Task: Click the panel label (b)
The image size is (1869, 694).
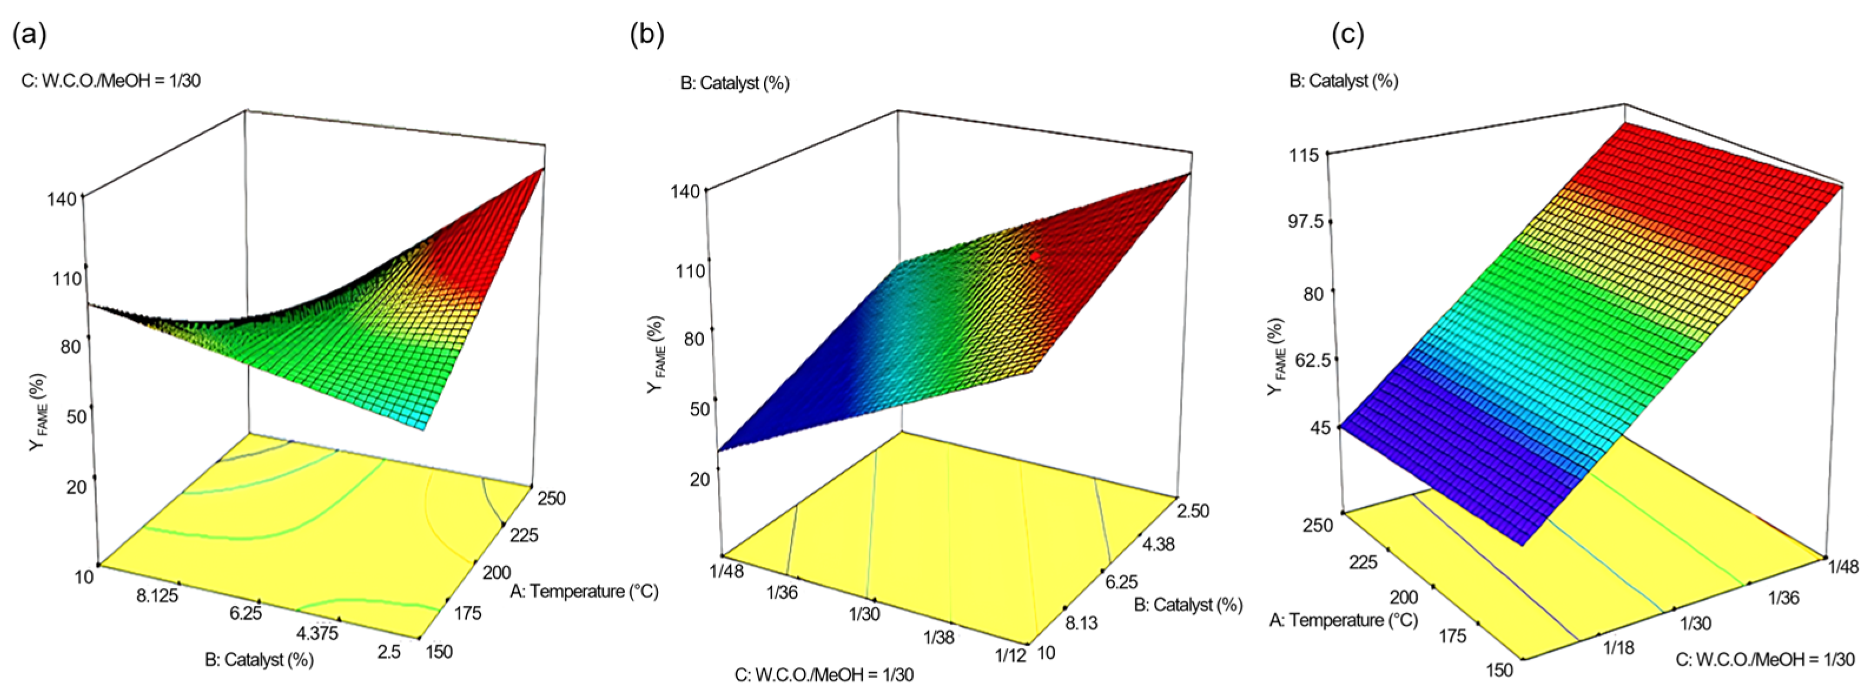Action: tap(647, 35)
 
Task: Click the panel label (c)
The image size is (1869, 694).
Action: tap(1348, 35)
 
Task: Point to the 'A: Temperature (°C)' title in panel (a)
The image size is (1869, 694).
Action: tap(584, 591)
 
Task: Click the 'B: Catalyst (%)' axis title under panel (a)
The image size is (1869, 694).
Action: tap(259, 659)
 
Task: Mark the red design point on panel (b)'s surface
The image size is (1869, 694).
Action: tap(1034, 257)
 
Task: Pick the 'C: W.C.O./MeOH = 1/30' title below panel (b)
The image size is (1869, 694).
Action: tap(824, 675)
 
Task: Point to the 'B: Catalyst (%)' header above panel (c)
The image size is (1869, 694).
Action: tap(1344, 81)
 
